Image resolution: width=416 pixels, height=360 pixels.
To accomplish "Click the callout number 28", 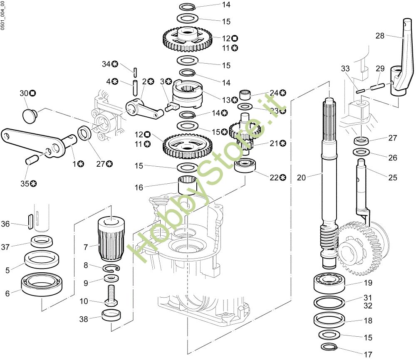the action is point(380,36).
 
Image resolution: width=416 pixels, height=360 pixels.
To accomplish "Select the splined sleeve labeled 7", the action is point(111,239).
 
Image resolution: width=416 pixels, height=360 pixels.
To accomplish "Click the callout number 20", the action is point(301,178).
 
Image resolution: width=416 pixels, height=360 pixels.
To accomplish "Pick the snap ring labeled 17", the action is point(329,346).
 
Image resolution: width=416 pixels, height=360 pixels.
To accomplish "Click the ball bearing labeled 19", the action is point(329,283).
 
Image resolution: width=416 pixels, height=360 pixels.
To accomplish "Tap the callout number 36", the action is point(5,224).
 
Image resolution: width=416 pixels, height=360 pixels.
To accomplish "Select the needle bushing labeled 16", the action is point(188,185).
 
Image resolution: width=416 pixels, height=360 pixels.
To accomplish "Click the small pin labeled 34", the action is point(135,72).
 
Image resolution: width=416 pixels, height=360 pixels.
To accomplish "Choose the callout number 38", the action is point(84,319).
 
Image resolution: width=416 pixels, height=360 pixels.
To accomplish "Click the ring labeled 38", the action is point(111,315).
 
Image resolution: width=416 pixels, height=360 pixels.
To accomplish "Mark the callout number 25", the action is point(393,178).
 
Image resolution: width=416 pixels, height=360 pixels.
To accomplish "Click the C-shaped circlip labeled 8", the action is point(111,268).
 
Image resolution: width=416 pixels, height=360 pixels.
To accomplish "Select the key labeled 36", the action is point(30,222).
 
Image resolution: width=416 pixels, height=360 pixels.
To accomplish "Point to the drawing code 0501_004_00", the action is point(2,16).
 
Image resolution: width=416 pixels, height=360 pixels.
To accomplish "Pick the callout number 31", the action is point(368,298).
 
